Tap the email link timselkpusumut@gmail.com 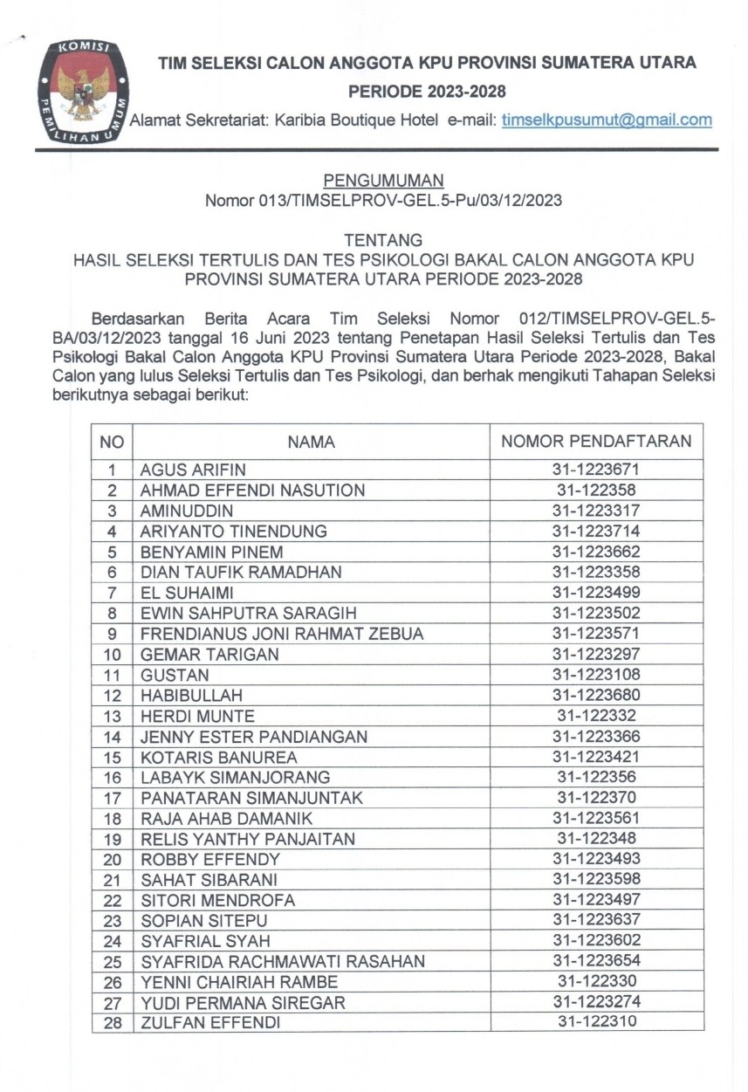point(607,120)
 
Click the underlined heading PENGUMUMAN point(383,181)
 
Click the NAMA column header point(311,442)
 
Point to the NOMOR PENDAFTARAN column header point(596,442)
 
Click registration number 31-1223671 point(596,470)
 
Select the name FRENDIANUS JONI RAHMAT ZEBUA point(282,634)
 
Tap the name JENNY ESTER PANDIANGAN point(254,737)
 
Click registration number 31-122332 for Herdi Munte point(596,716)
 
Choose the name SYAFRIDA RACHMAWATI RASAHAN point(283,962)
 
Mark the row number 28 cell point(113,1023)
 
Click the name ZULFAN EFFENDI point(210,1023)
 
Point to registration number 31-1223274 point(596,1002)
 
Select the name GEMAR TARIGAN point(209,655)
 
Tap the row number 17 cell point(113,798)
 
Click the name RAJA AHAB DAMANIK point(227,819)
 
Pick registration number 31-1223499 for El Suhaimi point(596,593)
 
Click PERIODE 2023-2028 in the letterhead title point(427,92)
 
